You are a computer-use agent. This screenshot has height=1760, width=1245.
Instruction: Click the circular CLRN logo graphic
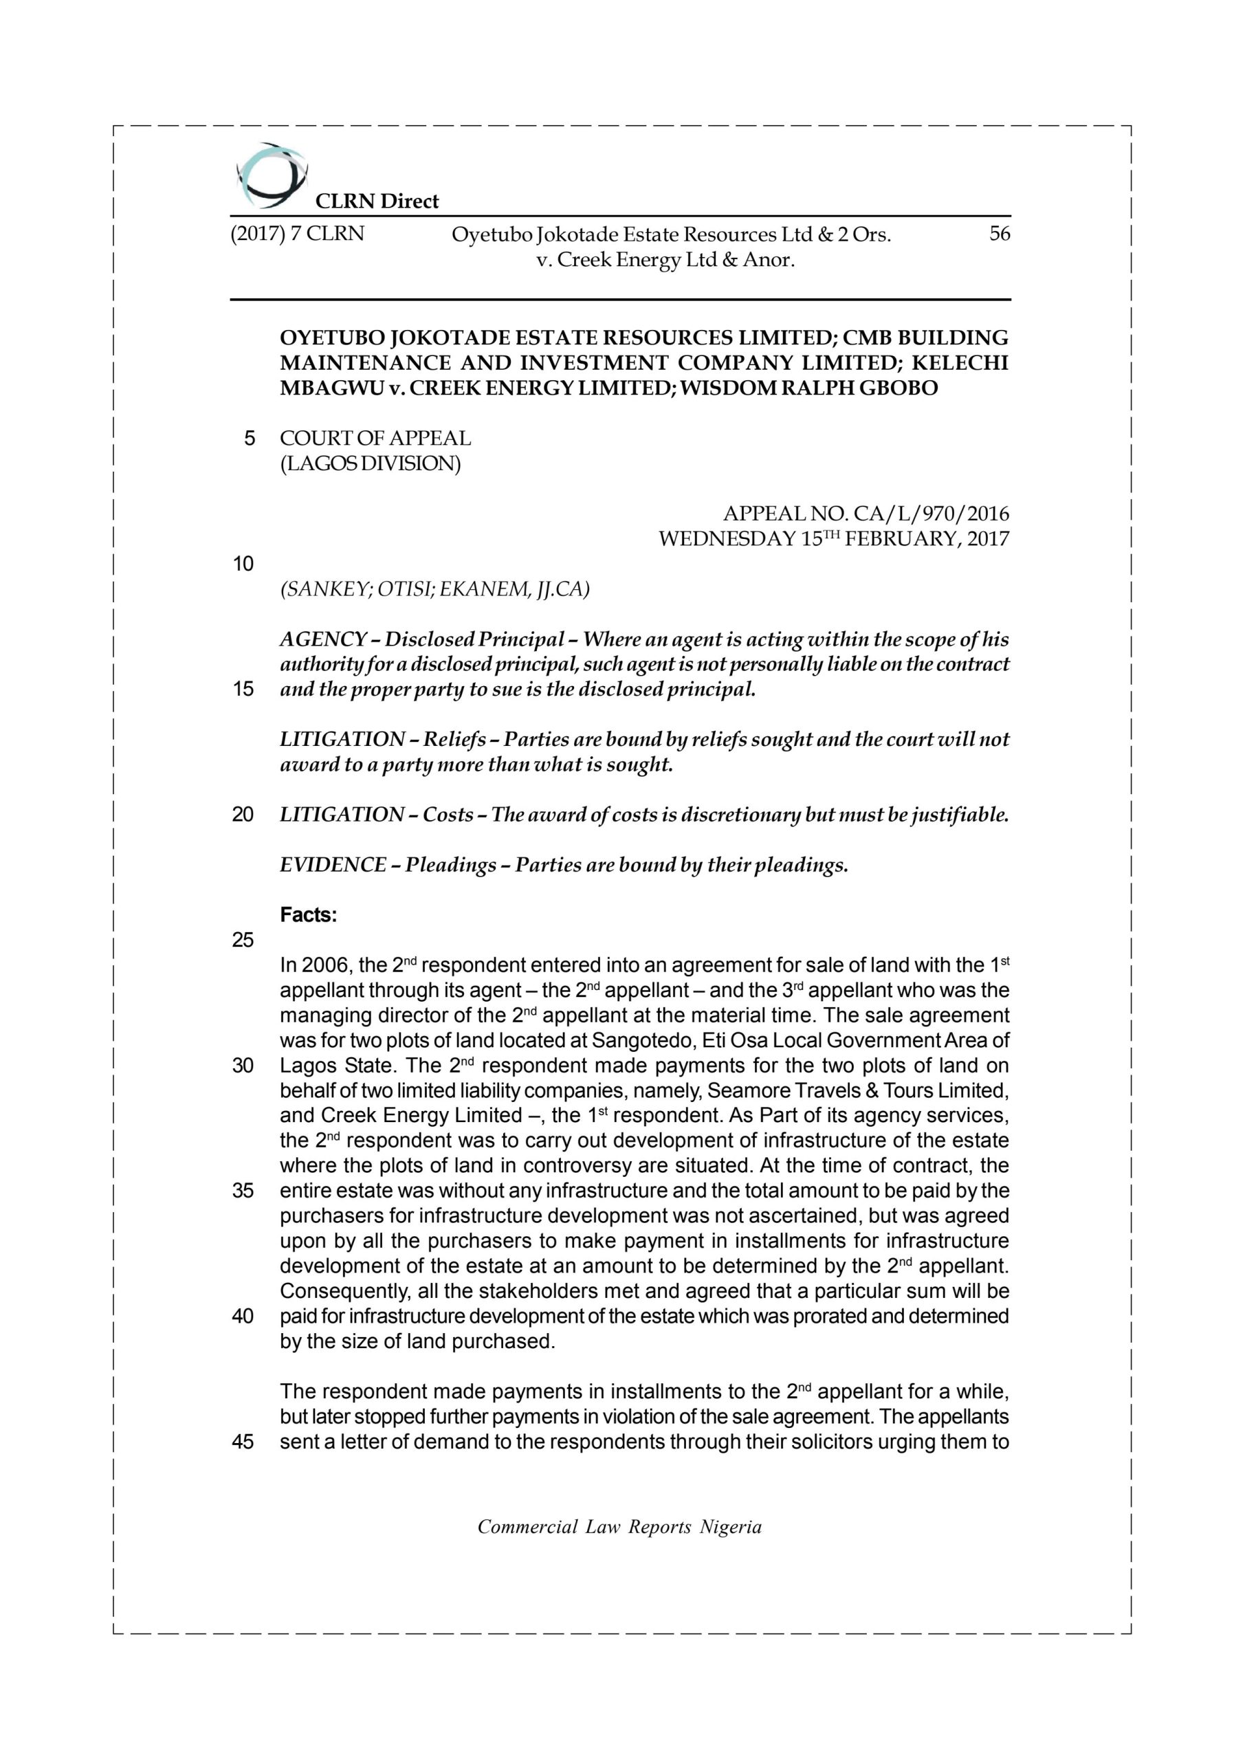tap(271, 175)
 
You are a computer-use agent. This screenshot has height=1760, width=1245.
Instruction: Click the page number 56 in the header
tap(999, 234)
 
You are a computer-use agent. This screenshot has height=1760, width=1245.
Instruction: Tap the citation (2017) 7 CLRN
tap(298, 234)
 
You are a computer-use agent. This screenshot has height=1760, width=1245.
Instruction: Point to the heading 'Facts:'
tap(308, 915)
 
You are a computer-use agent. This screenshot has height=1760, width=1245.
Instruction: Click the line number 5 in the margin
tap(249, 439)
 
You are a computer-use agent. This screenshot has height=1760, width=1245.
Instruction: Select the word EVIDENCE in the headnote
tap(333, 866)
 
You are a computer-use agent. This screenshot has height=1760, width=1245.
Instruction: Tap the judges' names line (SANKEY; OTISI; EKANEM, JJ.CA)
tap(434, 589)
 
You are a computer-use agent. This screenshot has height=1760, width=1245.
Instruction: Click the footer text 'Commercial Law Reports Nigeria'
tap(619, 1527)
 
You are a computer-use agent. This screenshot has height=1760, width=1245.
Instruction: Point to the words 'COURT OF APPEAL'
tap(375, 439)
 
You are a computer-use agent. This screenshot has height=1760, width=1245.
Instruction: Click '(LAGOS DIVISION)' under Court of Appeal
tap(371, 464)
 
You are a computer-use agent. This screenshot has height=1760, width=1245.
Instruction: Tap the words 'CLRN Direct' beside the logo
tap(377, 201)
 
